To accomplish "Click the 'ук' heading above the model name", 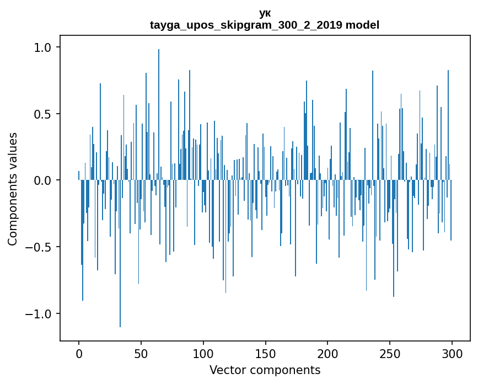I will [265, 13].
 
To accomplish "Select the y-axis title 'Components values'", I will [13, 189].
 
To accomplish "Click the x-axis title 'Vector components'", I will [265, 370].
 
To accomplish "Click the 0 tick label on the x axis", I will [79, 353].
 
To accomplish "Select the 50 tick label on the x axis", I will [141, 353].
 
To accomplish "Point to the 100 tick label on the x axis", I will [203, 353].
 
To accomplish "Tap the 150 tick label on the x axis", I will [266, 353].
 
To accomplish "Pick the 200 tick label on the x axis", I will [328, 353].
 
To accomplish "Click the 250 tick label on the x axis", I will [390, 353].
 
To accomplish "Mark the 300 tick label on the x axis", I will [452, 353].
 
